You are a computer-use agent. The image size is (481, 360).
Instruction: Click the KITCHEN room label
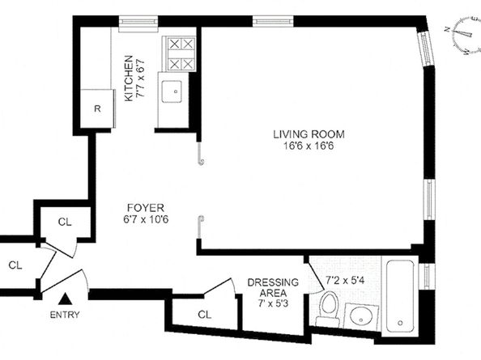pos(129,78)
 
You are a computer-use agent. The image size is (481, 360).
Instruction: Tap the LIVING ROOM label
pos(309,134)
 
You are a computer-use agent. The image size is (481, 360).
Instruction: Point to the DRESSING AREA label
pos(273,287)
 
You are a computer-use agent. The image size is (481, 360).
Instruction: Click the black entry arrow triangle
pos(66,299)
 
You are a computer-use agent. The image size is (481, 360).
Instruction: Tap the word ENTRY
pos(65,315)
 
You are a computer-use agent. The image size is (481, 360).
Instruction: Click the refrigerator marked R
pos(97,108)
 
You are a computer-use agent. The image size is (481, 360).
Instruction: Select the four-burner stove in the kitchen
pos(181,54)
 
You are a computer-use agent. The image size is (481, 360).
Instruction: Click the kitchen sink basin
pos(172,91)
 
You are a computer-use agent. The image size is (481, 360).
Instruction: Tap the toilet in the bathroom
pos(328,308)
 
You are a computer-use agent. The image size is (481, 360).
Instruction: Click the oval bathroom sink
pos(361,317)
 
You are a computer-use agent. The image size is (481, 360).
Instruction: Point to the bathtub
pos(400,296)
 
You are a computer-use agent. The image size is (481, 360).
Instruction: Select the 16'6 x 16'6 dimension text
pos(309,146)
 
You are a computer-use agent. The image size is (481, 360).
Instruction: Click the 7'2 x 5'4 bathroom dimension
pos(345,280)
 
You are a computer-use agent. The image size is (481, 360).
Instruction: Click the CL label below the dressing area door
pos(205,315)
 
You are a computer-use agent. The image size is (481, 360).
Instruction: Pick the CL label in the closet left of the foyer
pos(65,222)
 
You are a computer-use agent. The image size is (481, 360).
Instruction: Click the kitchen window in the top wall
pos(138,22)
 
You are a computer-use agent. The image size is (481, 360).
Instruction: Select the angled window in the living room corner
pos(426,48)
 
